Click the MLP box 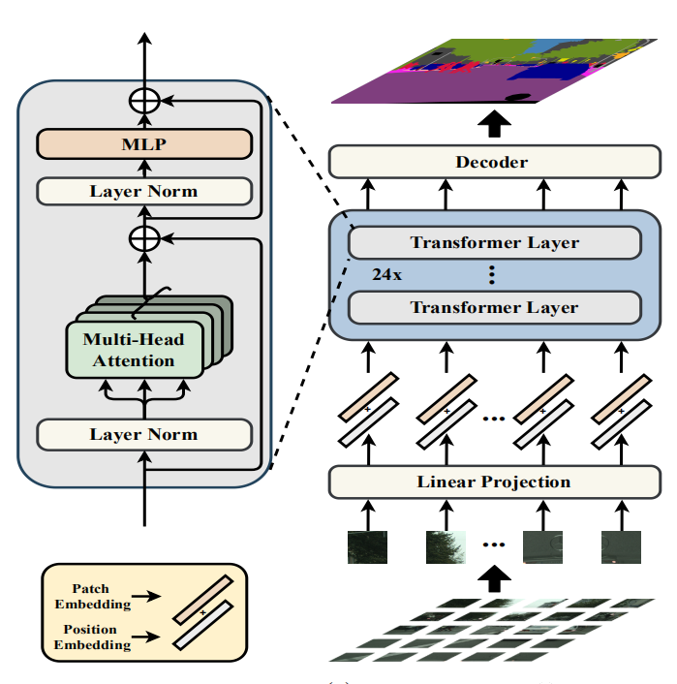(x=144, y=144)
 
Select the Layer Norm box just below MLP (x=144, y=191)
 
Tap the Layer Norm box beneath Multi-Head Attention (x=144, y=434)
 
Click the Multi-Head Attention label (x=134, y=350)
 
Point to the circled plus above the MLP (x=144, y=101)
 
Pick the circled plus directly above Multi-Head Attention (x=144, y=238)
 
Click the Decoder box (x=495, y=162)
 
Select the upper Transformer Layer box (x=495, y=242)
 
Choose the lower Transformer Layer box (x=495, y=307)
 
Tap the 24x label (x=386, y=275)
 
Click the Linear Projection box (x=495, y=482)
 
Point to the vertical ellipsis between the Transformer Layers (x=492, y=275)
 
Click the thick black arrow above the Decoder (x=494, y=123)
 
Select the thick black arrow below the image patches (x=494, y=578)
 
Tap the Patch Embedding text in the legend (x=92, y=596)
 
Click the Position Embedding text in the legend (x=92, y=637)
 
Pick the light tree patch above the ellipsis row (x=446, y=547)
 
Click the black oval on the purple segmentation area (x=518, y=97)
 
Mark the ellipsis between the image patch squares (x=494, y=544)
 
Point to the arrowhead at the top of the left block (x=144, y=38)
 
